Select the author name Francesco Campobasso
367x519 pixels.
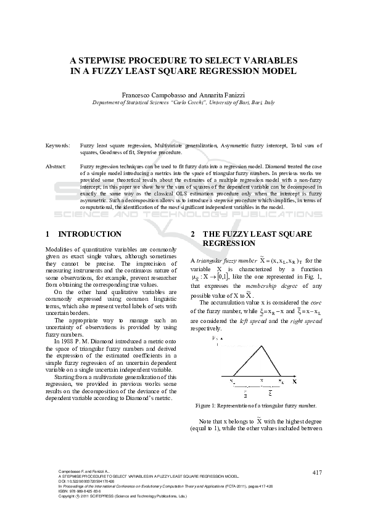coord(151,95)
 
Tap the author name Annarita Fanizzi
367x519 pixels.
coord(220,95)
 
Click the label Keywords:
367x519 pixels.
coord(57,145)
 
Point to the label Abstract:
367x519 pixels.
coord(56,167)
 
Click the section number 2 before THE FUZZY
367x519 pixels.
coord(193,234)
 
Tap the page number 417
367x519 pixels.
coord(317,472)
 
